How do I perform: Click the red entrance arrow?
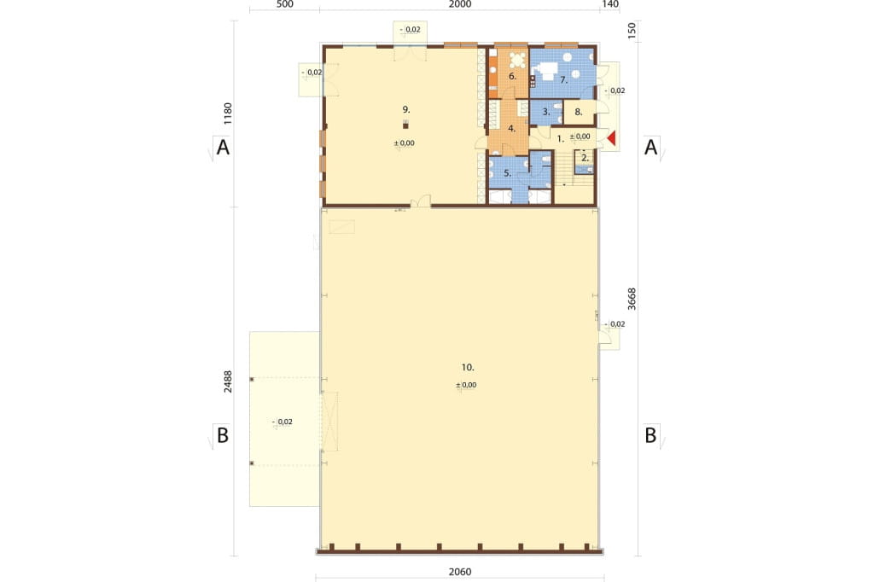tap(611, 138)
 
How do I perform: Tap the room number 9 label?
tap(405, 109)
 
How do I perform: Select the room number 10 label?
tap(467, 367)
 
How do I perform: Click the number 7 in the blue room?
tap(563, 80)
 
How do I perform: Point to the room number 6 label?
tap(512, 76)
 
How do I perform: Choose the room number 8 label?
tap(579, 112)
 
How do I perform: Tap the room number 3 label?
tap(546, 112)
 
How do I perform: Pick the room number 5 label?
tap(507, 173)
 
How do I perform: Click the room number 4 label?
tap(512, 129)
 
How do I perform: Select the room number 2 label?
tap(585, 158)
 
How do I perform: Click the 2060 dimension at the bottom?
tap(460, 572)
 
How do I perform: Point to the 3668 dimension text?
tap(632, 299)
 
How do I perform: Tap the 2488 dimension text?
tap(227, 381)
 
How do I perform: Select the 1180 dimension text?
tap(227, 113)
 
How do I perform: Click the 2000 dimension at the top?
tap(460, 4)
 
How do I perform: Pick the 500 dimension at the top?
tap(284, 4)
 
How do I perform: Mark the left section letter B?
tap(223, 435)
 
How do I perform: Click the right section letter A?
tap(650, 147)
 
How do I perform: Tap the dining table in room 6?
tap(518, 59)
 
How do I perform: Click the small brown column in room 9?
tap(405, 126)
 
